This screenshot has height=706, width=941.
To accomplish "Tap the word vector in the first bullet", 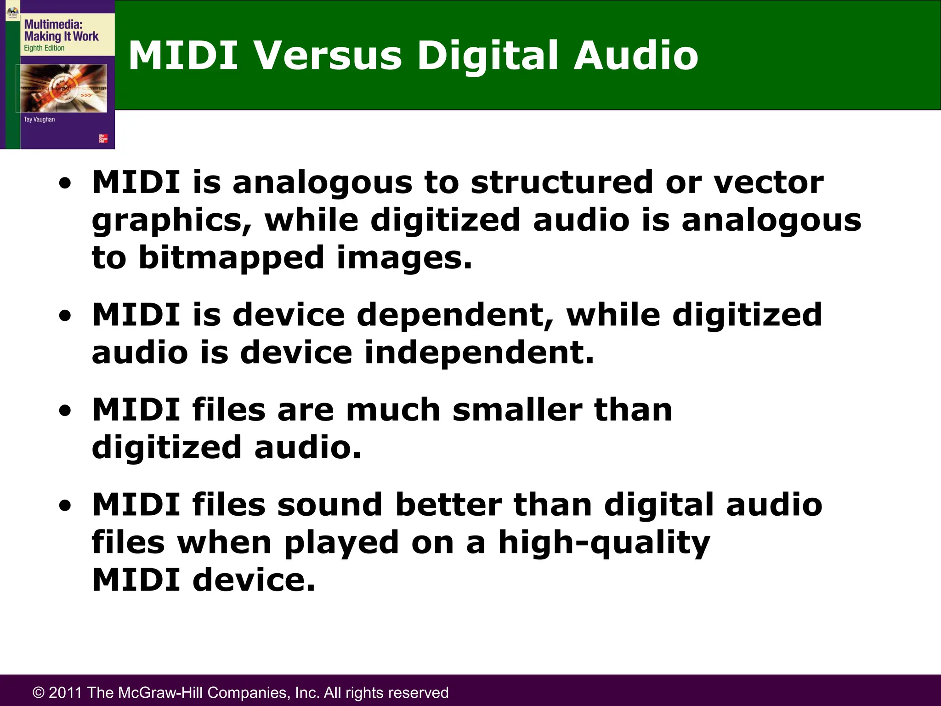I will point(768,182).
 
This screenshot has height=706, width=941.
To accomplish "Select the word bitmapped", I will point(231,258).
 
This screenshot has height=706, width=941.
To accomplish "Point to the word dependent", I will point(455,315).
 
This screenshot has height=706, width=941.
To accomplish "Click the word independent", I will point(479,353).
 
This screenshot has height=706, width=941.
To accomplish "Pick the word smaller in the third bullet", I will point(517,410).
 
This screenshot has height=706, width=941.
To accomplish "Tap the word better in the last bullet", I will point(448,505).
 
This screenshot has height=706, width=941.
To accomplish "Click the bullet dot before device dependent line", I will point(65,316).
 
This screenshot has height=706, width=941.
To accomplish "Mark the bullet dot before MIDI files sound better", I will point(65,506).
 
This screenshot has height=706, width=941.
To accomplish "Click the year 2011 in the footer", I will point(65,693).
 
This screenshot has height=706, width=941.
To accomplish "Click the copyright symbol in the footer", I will point(39,693).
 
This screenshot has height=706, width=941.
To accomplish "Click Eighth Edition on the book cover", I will point(44,48).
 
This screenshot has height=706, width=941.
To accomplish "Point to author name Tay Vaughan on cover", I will point(39,120).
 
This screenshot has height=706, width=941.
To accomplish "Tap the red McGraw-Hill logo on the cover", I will point(103,138).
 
